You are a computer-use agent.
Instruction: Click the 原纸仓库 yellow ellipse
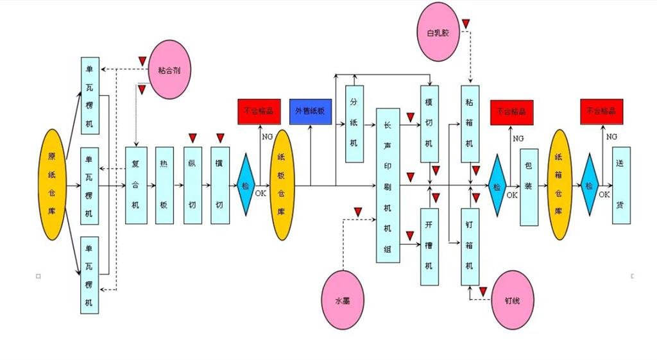tap(53, 185)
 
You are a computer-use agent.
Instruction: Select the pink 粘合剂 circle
tap(169, 70)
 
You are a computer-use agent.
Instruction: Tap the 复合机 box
tap(135, 185)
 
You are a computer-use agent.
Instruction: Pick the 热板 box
tap(164, 185)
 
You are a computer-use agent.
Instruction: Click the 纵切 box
tap(192, 185)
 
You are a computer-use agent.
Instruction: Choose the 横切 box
tap(220, 185)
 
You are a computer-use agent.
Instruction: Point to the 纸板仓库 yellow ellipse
tap(281, 185)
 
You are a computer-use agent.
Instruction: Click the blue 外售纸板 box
tap(310, 111)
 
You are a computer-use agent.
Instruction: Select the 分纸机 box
tap(354, 124)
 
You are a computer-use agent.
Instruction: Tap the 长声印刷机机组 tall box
tap(388, 185)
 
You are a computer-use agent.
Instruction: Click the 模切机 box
tap(429, 124)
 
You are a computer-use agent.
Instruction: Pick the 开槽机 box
tap(429, 246)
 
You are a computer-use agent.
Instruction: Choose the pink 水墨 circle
tap(343, 300)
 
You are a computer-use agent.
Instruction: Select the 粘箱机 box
tap(470, 124)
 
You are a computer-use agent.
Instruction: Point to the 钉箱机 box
tap(470, 246)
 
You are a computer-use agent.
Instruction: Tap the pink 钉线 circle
tap(513, 300)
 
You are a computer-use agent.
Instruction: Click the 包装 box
tap(529, 187)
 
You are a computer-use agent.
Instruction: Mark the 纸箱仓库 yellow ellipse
tap(559, 185)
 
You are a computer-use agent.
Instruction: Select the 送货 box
tap(621, 185)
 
